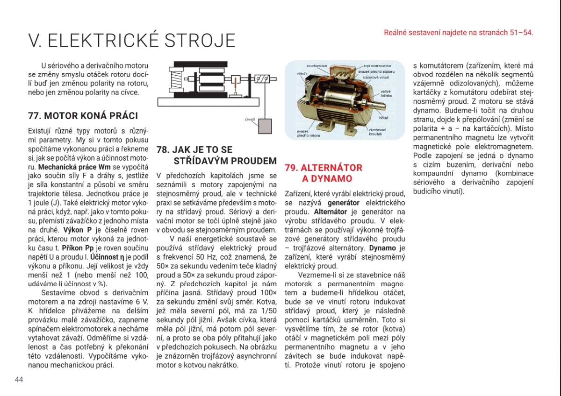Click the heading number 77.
(x=34, y=116)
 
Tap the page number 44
(x=19, y=379)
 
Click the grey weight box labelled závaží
(x=265, y=127)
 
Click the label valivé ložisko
(x=386, y=93)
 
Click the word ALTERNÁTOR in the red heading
(x=332, y=168)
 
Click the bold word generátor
(x=344, y=203)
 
